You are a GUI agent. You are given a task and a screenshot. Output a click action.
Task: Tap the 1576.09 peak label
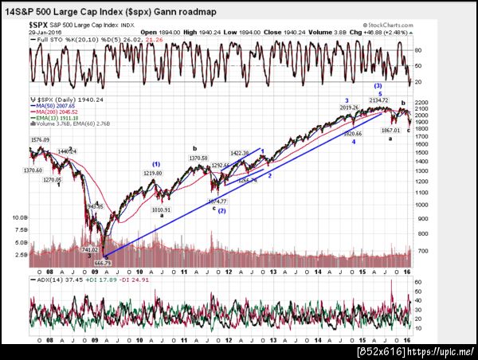pyautogui.click(x=40, y=140)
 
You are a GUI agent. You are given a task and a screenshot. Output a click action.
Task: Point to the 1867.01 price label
pyautogui.click(x=390, y=129)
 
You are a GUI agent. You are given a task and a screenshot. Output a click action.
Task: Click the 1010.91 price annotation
pyautogui.click(x=162, y=209)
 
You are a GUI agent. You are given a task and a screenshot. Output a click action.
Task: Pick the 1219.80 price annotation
pyautogui.click(x=154, y=173)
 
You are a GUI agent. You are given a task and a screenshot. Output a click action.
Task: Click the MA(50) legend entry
pyautogui.click(x=52, y=104)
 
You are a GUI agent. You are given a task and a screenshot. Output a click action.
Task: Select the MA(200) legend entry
pyautogui.click(x=53, y=111)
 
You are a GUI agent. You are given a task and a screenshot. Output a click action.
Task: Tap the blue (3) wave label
pyautogui.click(x=378, y=85)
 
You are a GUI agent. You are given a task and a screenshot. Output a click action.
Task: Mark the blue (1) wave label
pyautogui.click(x=157, y=164)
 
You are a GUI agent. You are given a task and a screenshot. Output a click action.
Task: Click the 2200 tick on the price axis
pyautogui.click(x=421, y=102)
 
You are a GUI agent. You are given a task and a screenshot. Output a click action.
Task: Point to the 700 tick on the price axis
pyautogui.click(x=420, y=251)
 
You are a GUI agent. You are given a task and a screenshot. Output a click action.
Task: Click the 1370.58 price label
pyautogui.click(x=198, y=158)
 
